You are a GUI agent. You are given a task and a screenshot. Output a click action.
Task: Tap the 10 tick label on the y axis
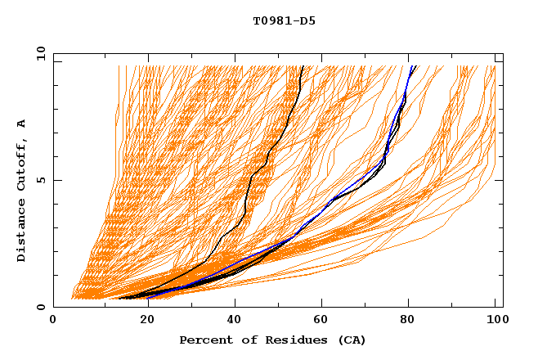[39, 53]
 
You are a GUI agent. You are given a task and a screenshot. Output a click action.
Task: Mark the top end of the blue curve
[414, 66]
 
